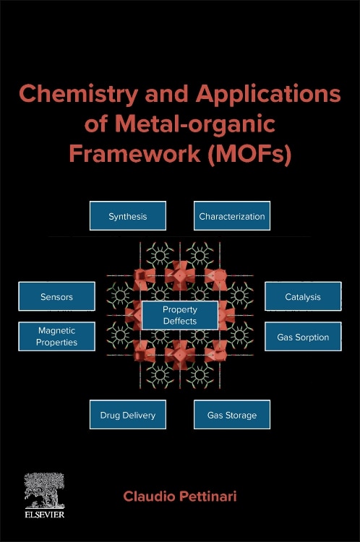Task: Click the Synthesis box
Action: pos(127,216)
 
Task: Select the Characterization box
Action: pos(232,216)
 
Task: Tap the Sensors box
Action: pos(56,296)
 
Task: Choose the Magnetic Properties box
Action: pos(56,336)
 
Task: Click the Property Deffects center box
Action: pos(179,315)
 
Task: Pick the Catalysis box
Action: pos(302,296)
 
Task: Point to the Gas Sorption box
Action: pos(302,337)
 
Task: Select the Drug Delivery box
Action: pos(127,415)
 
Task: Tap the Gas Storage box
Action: pos(232,415)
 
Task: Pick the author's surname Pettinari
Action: pos(210,498)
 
